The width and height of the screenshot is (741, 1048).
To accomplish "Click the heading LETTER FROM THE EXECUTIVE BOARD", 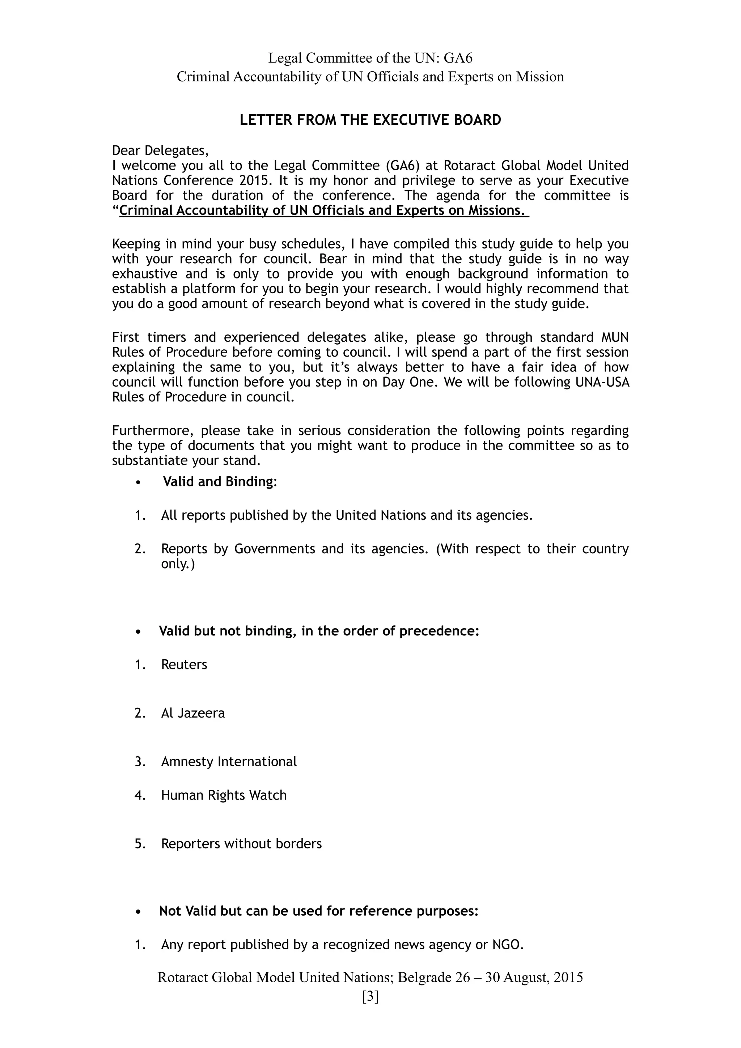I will (370, 120).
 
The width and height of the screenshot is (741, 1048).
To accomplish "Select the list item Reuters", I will (184, 665).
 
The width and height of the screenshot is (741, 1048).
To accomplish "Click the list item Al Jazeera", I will (193, 713).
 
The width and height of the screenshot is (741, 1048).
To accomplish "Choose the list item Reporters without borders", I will (241, 844).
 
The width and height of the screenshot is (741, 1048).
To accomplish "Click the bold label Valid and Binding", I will (220, 482).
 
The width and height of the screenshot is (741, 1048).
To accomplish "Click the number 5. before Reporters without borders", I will (140, 844).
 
